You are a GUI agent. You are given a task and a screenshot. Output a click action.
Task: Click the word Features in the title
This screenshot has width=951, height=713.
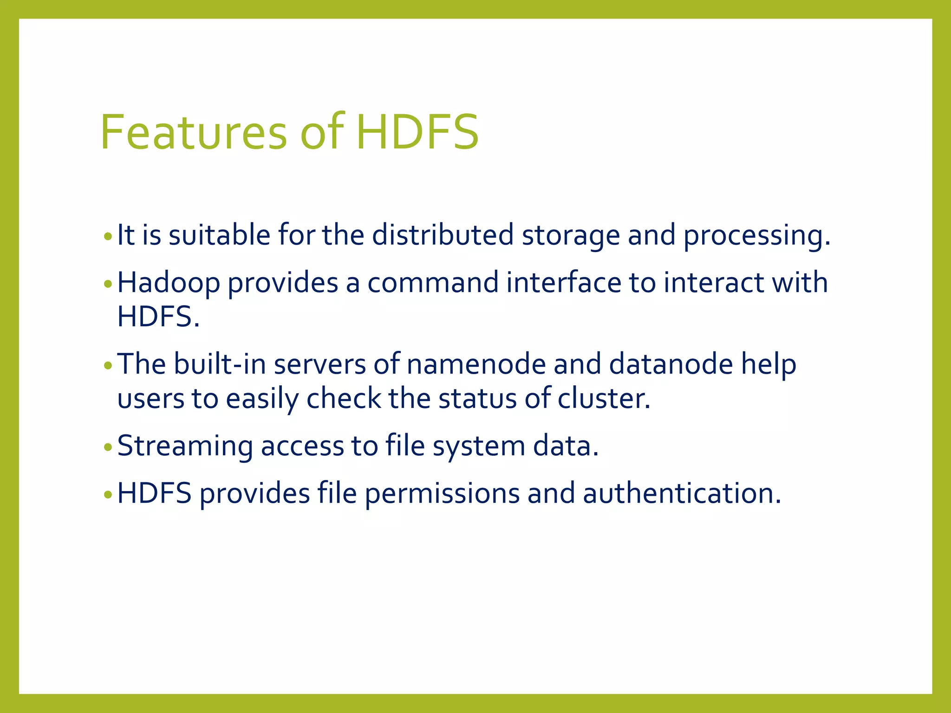[x=193, y=133]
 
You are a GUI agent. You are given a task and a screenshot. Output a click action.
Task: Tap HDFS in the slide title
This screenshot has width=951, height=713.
[x=417, y=133]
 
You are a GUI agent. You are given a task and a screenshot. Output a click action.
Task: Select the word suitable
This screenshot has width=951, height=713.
[x=219, y=235]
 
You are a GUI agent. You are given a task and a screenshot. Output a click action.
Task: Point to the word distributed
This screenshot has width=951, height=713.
[x=443, y=235]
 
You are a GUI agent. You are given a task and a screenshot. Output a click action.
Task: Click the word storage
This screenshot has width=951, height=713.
[x=571, y=236]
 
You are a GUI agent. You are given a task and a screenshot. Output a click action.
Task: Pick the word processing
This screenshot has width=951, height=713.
[x=756, y=236]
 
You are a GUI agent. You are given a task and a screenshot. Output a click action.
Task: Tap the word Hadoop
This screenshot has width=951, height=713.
[x=169, y=283]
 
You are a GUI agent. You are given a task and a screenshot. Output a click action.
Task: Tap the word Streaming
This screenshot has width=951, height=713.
[x=185, y=447]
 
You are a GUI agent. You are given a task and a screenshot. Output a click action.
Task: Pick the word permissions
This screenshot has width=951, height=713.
[x=442, y=494]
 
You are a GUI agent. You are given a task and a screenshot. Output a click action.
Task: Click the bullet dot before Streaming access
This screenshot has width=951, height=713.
[x=108, y=448]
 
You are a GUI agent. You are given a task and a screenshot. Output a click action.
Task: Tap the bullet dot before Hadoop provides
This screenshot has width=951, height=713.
[x=108, y=284]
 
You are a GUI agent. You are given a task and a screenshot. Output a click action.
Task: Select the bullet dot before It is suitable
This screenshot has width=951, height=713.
[x=108, y=237]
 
